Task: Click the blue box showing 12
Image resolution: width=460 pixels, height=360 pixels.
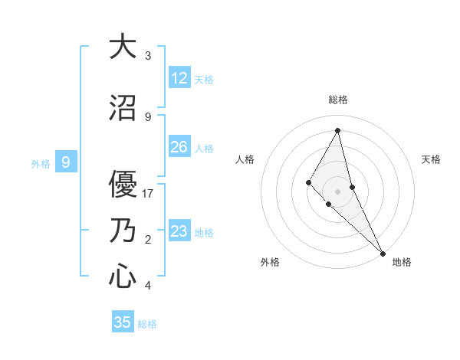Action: click(x=179, y=78)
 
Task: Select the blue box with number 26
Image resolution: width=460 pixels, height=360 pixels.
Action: click(x=179, y=147)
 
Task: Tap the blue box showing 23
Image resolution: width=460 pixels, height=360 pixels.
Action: click(x=179, y=231)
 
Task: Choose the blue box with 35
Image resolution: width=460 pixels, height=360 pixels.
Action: click(x=123, y=322)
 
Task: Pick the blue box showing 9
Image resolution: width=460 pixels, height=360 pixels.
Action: click(x=66, y=162)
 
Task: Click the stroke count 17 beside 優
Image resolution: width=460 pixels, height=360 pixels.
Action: click(x=148, y=194)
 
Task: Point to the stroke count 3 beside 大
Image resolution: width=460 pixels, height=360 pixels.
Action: click(x=148, y=56)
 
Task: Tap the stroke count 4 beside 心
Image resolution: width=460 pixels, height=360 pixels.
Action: click(x=148, y=286)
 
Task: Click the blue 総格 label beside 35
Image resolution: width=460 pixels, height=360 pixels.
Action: click(x=147, y=324)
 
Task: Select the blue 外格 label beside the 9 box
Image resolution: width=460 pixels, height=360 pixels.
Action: click(x=41, y=163)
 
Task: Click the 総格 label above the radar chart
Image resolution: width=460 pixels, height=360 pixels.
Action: click(x=338, y=100)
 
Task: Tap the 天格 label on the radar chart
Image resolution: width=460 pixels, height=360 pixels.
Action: click(x=432, y=159)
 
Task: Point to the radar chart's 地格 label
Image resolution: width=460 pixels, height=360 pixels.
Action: click(x=402, y=262)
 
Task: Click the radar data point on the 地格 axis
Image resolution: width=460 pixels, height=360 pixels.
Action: click(x=383, y=252)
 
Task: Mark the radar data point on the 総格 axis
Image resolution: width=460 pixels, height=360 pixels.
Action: click(x=338, y=130)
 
